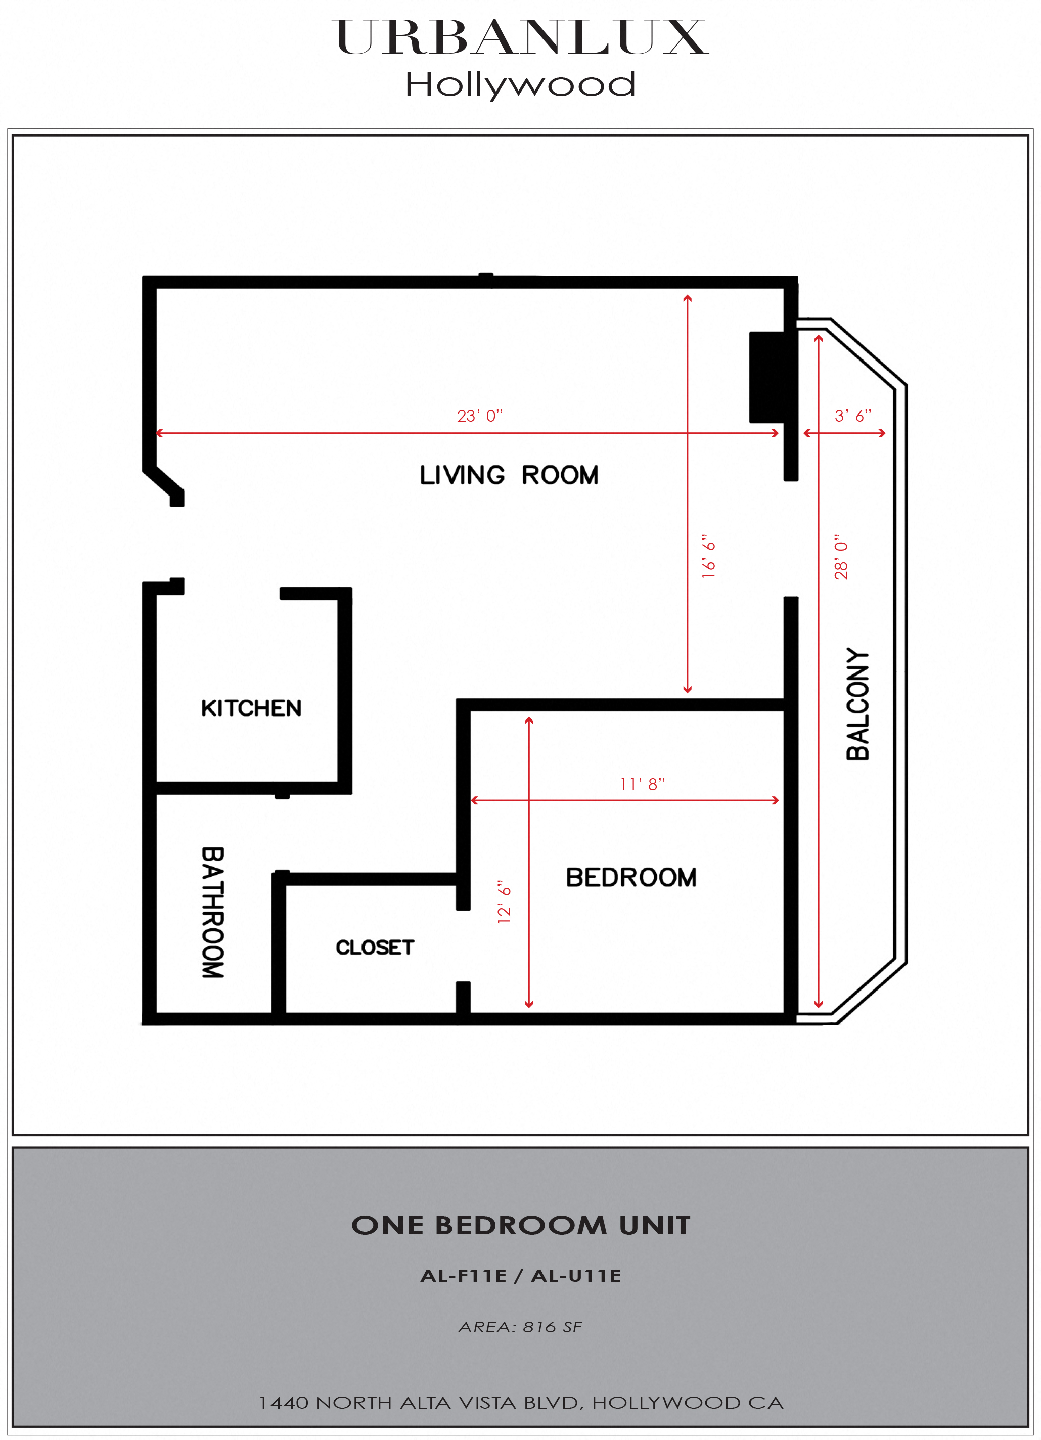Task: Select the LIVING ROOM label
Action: click(509, 475)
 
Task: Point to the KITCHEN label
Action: click(251, 708)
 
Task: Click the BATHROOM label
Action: click(213, 912)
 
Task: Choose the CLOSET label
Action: click(375, 948)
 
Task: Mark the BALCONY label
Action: click(857, 704)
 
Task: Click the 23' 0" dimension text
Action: click(480, 416)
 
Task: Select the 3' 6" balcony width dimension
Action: click(852, 416)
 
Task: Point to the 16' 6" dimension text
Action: click(708, 556)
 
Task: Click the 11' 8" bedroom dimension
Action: click(643, 784)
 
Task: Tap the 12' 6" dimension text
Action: click(504, 902)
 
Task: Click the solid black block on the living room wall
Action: click(768, 377)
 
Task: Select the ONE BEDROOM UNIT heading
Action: click(521, 1226)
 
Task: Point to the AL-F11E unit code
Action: click(464, 1276)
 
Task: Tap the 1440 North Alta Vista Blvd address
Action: click(521, 1403)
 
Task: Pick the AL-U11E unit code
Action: click(576, 1276)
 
